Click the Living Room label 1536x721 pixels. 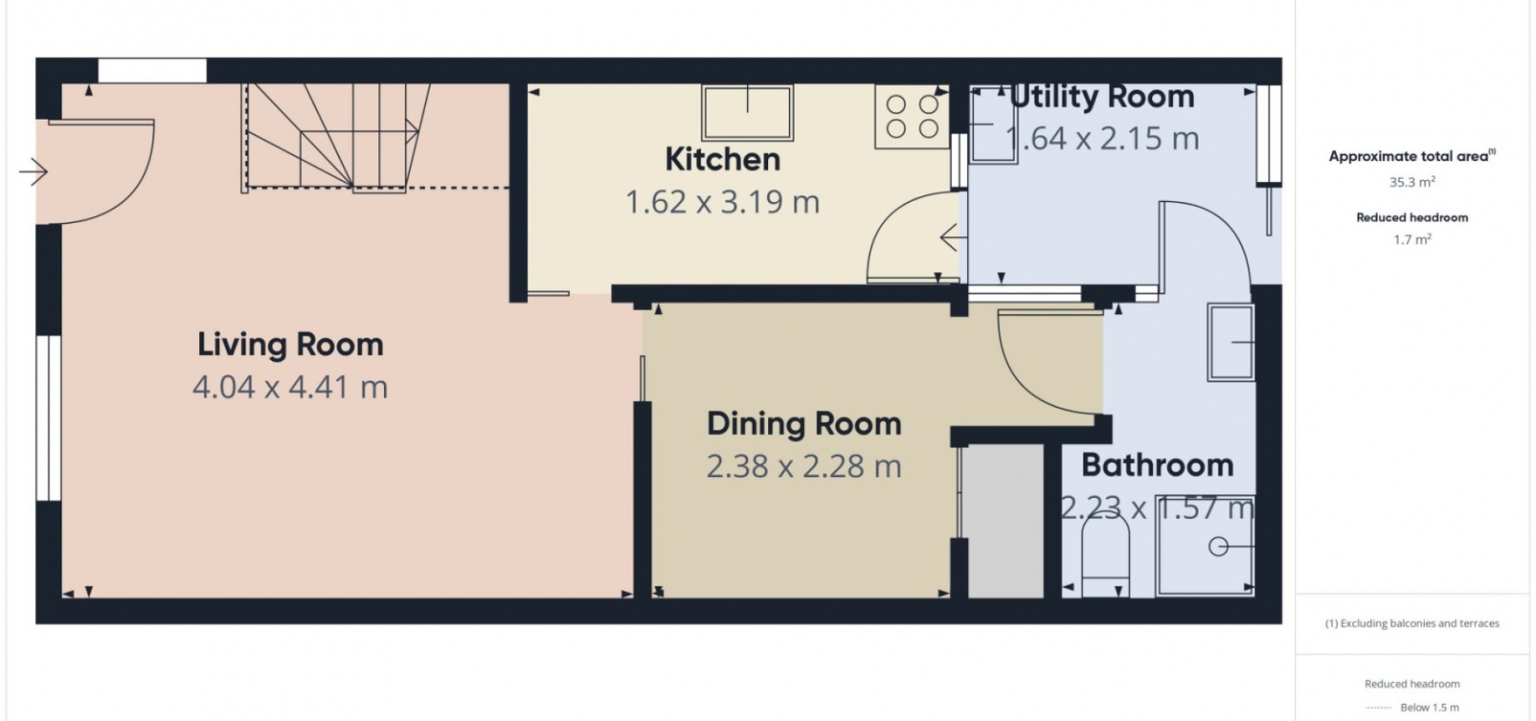click(x=290, y=344)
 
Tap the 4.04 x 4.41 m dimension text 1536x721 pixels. click(x=290, y=388)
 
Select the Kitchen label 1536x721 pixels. click(x=722, y=159)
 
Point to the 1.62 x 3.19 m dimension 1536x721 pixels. click(x=722, y=202)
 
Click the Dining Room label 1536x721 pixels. click(x=804, y=424)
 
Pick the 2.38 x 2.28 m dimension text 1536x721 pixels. click(x=804, y=467)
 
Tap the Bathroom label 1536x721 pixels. click(x=1158, y=466)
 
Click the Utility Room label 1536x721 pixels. click(x=1102, y=97)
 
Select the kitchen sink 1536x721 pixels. click(x=747, y=112)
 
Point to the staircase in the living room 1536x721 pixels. click(x=336, y=137)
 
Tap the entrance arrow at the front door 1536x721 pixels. click(x=33, y=172)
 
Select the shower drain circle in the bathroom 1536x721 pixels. click(x=1217, y=546)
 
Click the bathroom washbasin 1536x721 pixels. click(x=1232, y=342)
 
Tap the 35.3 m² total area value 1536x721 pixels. click(x=1413, y=182)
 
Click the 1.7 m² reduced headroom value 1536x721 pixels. click(x=1413, y=239)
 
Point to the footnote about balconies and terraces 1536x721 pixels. click(x=1412, y=623)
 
